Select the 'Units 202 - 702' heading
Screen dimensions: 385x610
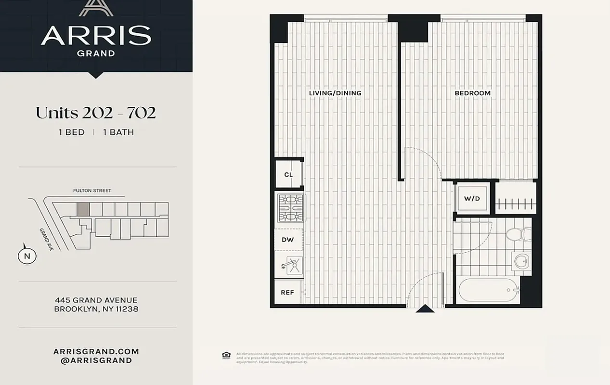tap(96, 113)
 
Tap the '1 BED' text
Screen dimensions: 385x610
tap(71, 132)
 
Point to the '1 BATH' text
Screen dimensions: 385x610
tap(118, 132)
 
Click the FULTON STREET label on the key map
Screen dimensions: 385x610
tap(92, 191)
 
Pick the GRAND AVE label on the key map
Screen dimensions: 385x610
tap(47, 239)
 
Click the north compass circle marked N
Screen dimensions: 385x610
tap(27, 256)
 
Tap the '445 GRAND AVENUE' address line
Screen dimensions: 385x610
tap(96, 300)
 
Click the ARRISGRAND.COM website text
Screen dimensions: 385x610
tap(96, 352)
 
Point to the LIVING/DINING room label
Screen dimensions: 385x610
tap(335, 93)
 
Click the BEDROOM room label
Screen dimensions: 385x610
tap(472, 93)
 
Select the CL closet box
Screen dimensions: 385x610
tap(288, 175)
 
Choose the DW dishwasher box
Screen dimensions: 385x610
tap(288, 240)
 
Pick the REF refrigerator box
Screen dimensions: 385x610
tap(287, 292)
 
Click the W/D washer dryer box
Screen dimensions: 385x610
tap(472, 198)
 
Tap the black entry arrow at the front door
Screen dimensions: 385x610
tap(425, 308)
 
